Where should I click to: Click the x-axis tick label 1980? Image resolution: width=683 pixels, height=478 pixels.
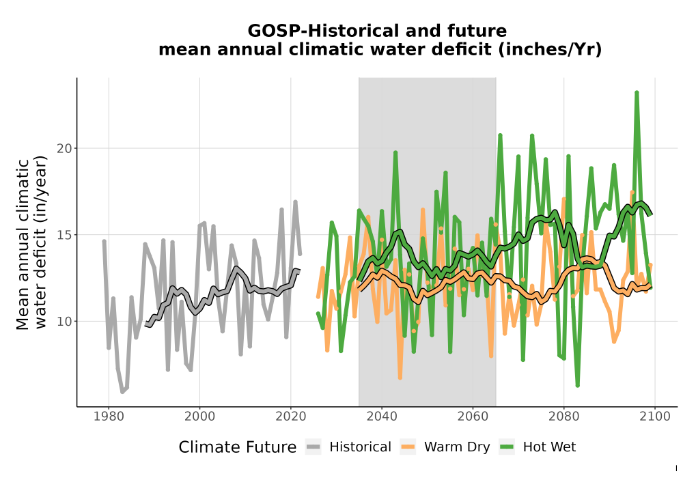[x=109, y=417]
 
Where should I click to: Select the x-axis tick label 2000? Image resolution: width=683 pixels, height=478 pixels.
[x=200, y=417]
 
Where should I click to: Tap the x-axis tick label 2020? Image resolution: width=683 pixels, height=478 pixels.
[x=291, y=417]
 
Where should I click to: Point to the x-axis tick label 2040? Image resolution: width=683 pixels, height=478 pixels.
[x=382, y=417]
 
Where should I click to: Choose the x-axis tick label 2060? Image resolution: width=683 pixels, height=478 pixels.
[x=473, y=417]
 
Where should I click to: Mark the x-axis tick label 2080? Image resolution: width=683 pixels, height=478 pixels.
[x=563, y=417]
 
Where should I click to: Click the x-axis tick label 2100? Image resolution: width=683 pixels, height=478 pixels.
[x=655, y=417]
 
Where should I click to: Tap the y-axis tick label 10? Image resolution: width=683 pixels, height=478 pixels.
[x=64, y=321]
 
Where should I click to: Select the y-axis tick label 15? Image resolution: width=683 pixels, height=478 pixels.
[x=64, y=235]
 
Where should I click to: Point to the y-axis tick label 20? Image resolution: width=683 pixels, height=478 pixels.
[x=64, y=148]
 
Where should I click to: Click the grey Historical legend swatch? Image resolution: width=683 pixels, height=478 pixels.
[x=313, y=447]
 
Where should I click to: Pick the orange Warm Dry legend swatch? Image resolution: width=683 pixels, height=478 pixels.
[x=408, y=447]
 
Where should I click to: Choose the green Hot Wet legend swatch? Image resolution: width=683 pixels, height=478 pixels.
[x=507, y=447]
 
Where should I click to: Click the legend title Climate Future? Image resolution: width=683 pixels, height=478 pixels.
[x=238, y=447]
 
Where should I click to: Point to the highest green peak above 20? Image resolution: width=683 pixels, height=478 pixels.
[x=637, y=93]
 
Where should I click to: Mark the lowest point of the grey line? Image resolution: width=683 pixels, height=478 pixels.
[x=122, y=392]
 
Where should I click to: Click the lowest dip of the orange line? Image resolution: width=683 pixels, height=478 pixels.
[x=400, y=378]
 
